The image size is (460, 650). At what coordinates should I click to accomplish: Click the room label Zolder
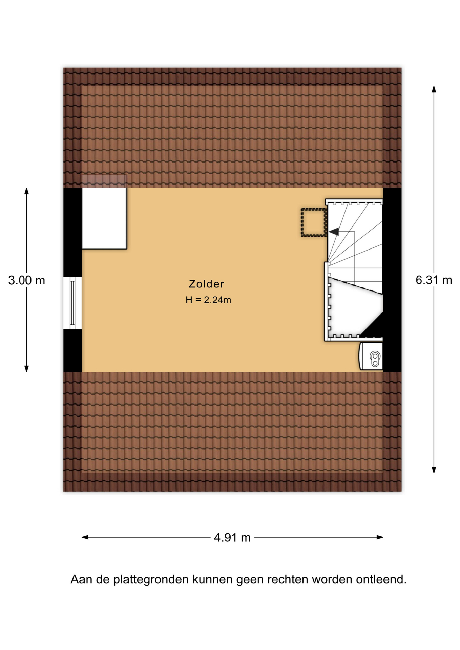point(206,284)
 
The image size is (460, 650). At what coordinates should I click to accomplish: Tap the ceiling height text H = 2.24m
point(208,300)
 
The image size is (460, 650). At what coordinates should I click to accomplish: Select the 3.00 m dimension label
point(27,280)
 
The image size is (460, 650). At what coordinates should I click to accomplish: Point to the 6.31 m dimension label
point(434,280)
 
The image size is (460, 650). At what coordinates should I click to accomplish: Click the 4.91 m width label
point(232,537)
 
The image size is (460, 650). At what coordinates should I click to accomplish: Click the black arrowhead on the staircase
point(334,232)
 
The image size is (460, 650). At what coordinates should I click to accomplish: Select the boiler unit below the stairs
point(371,356)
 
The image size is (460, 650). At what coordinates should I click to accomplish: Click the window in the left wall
point(72,303)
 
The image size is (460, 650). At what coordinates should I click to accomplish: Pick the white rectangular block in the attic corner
point(104,218)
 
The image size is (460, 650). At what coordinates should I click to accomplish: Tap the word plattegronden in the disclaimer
point(151,579)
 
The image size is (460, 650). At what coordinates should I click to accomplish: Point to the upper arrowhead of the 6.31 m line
point(434,89)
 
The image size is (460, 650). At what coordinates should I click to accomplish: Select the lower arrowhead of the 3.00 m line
point(26,369)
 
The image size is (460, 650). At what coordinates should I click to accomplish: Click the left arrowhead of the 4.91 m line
point(85,537)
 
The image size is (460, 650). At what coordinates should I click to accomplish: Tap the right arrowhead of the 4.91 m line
point(380,537)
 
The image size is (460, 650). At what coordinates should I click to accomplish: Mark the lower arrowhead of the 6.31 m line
point(434,470)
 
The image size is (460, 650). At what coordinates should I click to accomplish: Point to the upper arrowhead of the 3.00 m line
point(26,191)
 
